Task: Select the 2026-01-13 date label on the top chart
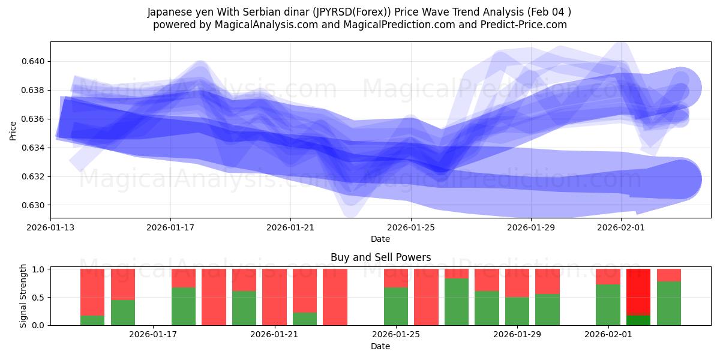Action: pyautogui.click(x=50, y=227)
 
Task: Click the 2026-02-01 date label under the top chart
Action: pyautogui.click(x=621, y=227)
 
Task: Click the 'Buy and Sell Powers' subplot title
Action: pyautogui.click(x=380, y=257)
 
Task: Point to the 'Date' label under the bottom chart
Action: pyautogui.click(x=380, y=346)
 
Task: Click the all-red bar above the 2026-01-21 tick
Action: pyautogui.click(x=274, y=297)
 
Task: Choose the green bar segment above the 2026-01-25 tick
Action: pyautogui.click(x=396, y=307)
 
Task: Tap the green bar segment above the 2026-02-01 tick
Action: pyautogui.click(x=608, y=305)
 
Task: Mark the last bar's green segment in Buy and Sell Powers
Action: pyautogui.click(x=669, y=304)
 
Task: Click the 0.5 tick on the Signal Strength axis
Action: pyautogui.click(x=39, y=297)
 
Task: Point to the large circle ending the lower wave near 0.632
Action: pyautogui.click(x=681, y=179)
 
